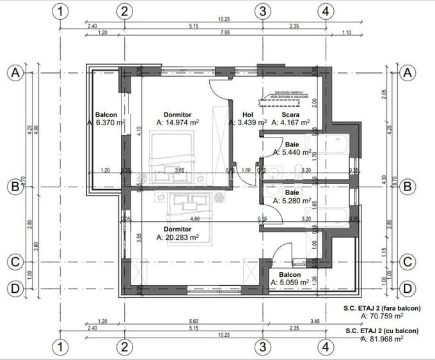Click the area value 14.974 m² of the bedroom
tap(177, 122)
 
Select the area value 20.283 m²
tap(178, 237)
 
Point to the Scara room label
tap(291, 115)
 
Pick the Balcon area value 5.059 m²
tap(290, 281)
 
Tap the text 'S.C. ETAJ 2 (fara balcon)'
tap(383, 308)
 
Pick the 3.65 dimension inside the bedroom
tap(180, 170)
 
